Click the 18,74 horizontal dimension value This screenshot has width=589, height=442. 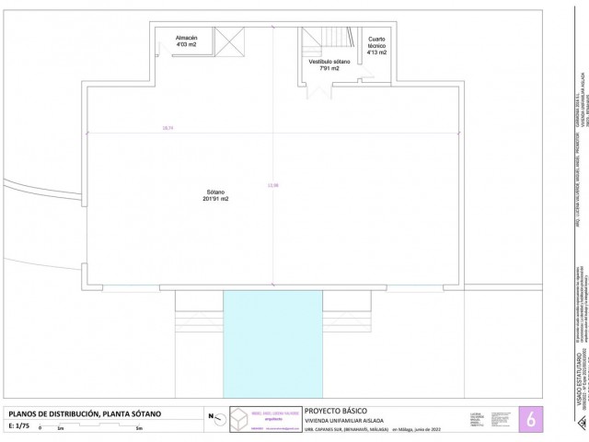tap(167, 128)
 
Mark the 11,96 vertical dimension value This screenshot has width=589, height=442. tap(272, 185)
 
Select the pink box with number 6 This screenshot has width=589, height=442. tap(530, 418)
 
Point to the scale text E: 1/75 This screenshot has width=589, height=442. tap(19, 426)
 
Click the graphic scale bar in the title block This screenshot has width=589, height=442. tap(92, 428)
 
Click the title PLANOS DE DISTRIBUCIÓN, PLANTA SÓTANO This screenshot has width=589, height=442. tap(84, 413)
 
